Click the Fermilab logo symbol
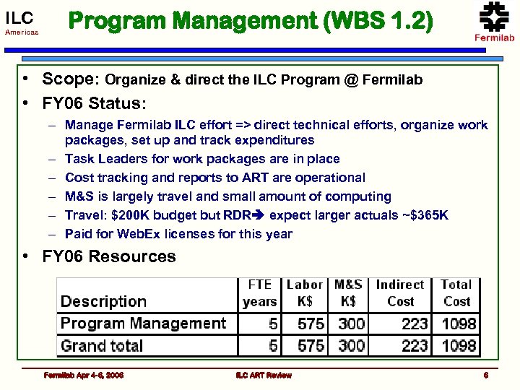494,17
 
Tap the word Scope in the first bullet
71,79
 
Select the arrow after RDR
258,215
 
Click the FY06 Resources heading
108,257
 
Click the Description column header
103,302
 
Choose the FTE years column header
259,293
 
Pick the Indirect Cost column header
399,293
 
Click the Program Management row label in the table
143,324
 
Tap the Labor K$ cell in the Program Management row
311,324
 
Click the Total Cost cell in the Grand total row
458,346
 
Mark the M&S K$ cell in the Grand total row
351,346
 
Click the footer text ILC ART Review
264,376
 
